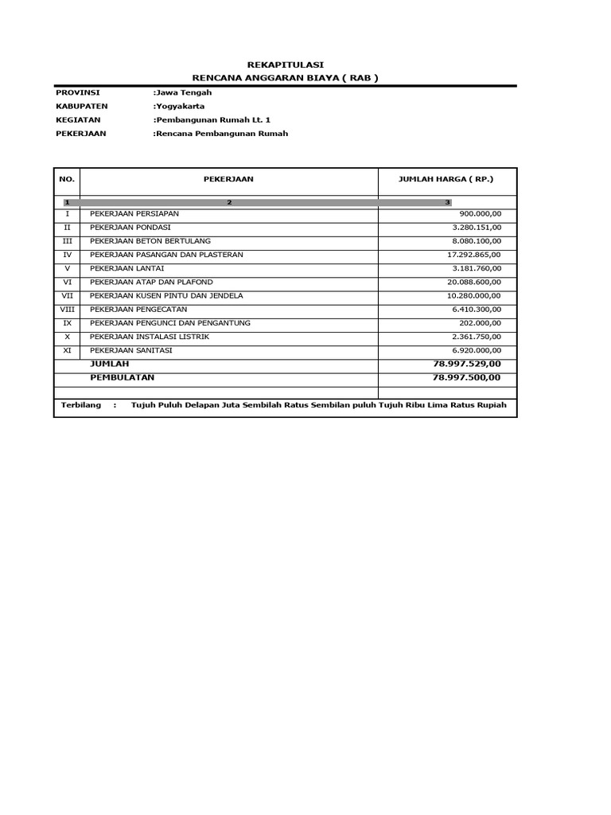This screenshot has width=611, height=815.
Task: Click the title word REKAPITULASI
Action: coord(285,64)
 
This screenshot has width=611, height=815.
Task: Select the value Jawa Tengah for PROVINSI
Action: coord(183,92)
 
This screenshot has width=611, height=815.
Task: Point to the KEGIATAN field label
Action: coord(78,119)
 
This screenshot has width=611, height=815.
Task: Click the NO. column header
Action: coord(67,180)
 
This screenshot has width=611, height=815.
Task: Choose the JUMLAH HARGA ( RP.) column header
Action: coord(446,180)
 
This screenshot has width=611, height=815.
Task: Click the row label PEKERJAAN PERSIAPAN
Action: coord(134,214)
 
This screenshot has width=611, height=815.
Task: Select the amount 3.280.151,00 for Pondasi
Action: coord(475,228)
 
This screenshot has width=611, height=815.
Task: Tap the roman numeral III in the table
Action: coord(67,241)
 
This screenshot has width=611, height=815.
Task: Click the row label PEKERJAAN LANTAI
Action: coord(127,268)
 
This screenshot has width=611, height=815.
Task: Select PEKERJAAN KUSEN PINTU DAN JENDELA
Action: coord(166,295)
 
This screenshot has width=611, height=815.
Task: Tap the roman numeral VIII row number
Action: coord(67,309)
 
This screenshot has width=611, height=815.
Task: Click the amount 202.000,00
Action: coord(480,322)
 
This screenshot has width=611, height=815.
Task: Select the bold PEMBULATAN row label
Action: coord(123,376)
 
